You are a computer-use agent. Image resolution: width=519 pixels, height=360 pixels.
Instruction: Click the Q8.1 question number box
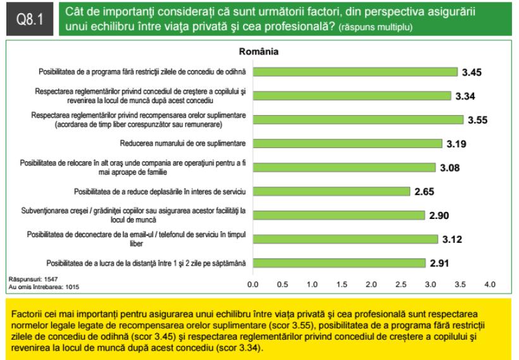click(x=28, y=20)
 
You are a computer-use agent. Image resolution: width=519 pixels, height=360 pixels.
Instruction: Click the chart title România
click(x=259, y=51)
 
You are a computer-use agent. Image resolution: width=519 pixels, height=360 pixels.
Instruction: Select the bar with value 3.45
click(x=354, y=71)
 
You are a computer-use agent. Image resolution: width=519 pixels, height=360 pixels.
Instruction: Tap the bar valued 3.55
click(x=358, y=120)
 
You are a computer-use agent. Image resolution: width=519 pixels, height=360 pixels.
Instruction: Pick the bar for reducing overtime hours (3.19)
click(x=347, y=143)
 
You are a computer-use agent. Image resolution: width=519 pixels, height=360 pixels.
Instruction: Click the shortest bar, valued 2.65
click(x=331, y=191)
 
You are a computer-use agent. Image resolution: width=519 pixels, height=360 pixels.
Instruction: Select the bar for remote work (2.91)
click(x=339, y=263)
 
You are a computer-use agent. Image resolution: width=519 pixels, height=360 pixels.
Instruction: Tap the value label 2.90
click(x=439, y=216)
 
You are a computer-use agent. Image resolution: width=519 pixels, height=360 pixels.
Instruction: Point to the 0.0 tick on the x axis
click(x=252, y=285)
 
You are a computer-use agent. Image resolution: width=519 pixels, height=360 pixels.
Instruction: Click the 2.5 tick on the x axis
click(x=401, y=285)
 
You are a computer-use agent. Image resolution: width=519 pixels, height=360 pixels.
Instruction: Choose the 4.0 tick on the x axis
click(x=490, y=285)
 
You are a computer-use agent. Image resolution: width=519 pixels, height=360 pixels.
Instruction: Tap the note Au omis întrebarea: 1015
click(x=43, y=287)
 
